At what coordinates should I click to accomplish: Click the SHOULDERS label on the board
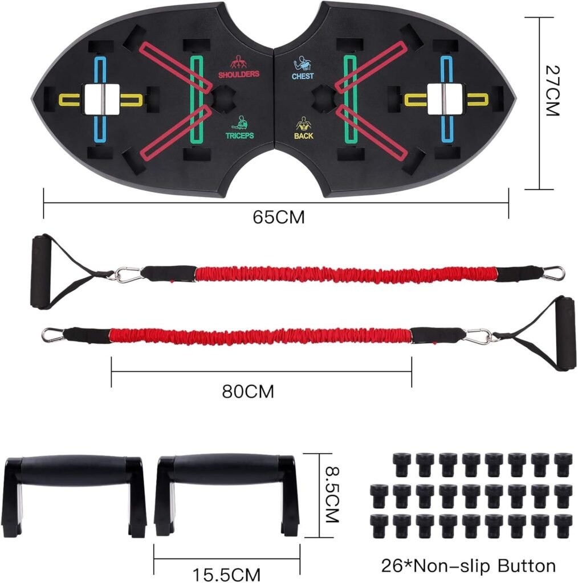point(239,75)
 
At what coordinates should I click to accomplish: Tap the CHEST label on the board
point(303,76)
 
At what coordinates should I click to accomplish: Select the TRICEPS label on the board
point(239,136)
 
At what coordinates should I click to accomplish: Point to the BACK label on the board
point(304,136)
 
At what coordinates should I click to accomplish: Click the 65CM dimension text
point(278,217)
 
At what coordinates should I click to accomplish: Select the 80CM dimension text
point(248,392)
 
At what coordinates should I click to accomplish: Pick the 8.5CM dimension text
point(332,494)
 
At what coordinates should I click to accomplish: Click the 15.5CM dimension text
point(226,574)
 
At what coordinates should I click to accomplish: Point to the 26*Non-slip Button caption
point(469,565)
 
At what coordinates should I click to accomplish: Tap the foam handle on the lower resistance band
point(566,333)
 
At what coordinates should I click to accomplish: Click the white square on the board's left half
point(101,99)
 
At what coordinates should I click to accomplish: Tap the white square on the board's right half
point(445,99)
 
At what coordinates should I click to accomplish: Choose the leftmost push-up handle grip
point(75,470)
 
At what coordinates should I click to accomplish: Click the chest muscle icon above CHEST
point(302,64)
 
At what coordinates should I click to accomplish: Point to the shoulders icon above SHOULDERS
point(238,62)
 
